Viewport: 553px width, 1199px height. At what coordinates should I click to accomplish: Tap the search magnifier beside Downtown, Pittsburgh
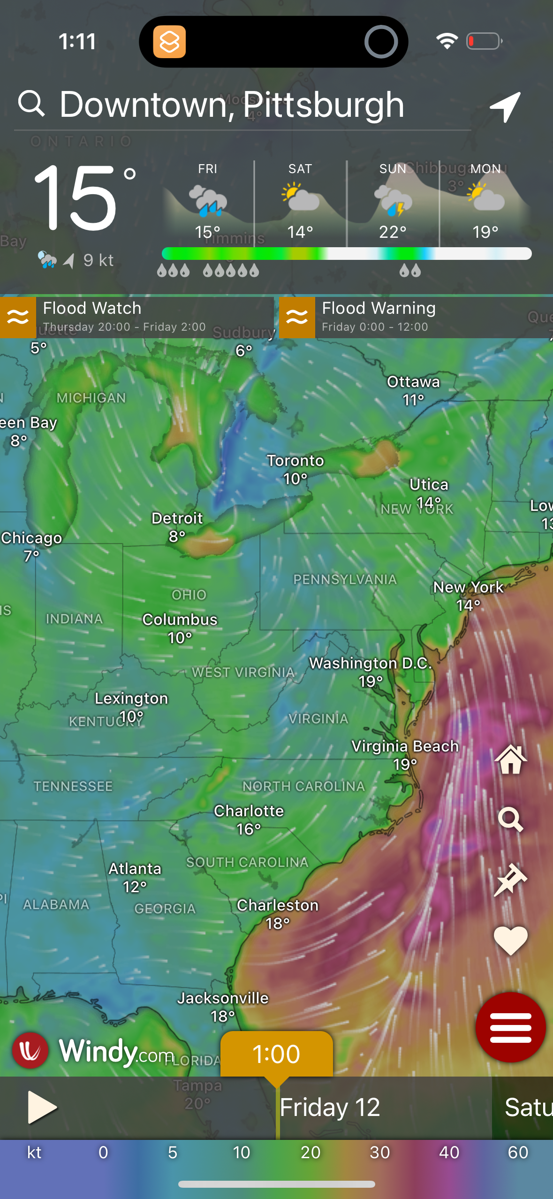pos(31,104)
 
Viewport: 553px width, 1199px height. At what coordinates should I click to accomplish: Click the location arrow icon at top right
pos(505,106)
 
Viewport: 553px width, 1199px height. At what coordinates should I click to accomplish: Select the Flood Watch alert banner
pos(136,317)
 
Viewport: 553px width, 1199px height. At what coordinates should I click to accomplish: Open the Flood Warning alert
pos(416,317)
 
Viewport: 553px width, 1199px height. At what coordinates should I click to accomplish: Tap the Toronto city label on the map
pos(295,461)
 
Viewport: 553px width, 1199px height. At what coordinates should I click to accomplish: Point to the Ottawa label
pos(413,382)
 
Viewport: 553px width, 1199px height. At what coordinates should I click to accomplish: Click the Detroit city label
pos(177,519)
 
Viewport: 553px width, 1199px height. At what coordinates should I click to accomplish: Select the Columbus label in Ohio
pos(180,620)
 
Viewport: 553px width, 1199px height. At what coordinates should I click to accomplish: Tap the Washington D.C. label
pos(370,664)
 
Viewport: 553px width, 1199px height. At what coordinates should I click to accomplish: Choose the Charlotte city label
pos(249,812)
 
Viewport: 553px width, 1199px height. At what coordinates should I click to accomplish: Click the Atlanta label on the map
pos(135,869)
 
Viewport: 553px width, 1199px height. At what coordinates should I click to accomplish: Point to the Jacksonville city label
pos(223,998)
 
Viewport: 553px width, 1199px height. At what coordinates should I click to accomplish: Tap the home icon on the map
pos(510,760)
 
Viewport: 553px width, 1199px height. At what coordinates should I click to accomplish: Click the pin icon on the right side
pos(510,880)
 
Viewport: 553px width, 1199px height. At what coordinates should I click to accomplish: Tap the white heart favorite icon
pos(510,940)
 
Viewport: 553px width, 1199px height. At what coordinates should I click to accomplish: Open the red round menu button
pos(510,1027)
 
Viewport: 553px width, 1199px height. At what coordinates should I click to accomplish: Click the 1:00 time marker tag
pos(276,1054)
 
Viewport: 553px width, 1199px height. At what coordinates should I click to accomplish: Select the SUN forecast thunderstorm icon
pos(393,201)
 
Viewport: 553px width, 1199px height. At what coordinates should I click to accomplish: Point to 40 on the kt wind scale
pos(449,1152)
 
